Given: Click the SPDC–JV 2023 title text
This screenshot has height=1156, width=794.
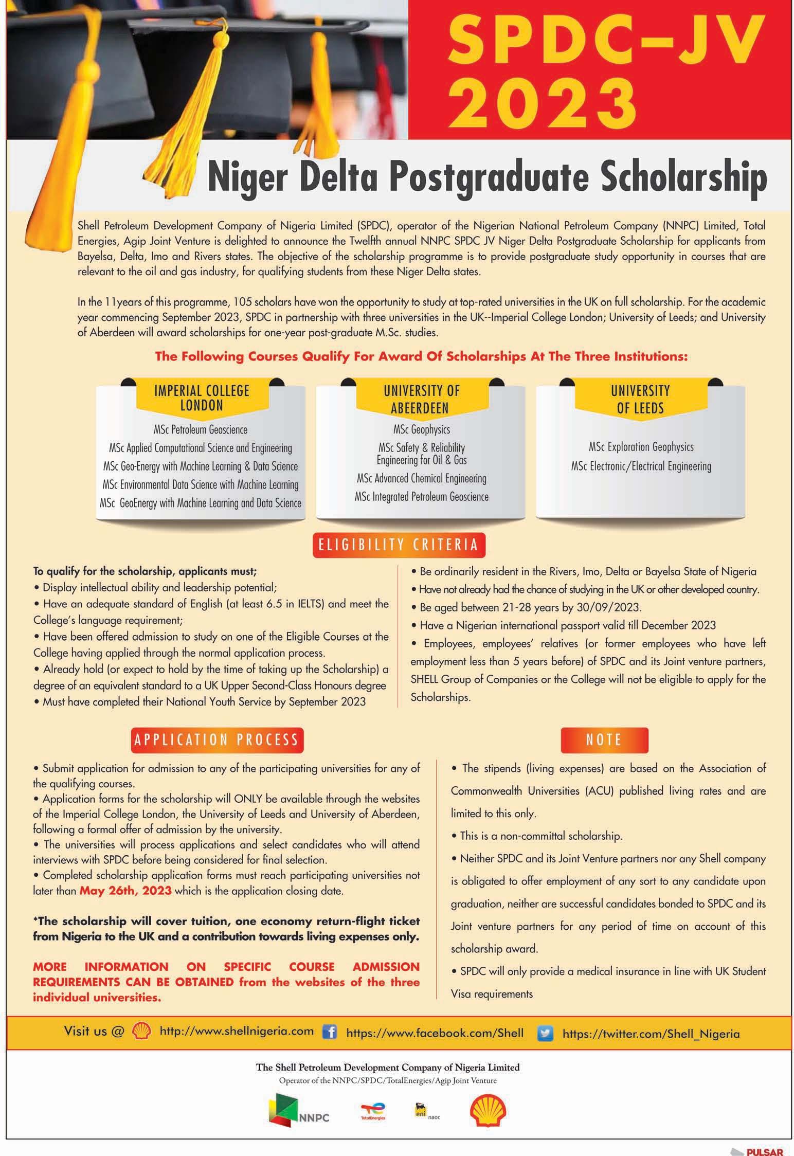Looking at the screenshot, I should [601, 69].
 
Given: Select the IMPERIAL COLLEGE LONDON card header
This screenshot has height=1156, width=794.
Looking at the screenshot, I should [202, 398].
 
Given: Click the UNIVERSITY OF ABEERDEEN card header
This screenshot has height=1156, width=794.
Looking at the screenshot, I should [421, 399].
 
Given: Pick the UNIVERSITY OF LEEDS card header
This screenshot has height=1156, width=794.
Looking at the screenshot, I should [640, 399].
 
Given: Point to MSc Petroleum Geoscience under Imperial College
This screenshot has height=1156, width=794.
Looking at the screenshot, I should [201, 429].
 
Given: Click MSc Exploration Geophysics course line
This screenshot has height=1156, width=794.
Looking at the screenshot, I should [641, 447].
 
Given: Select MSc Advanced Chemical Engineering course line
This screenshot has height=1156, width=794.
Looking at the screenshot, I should [421, 478].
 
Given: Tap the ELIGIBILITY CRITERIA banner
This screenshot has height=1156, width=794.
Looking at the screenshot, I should [399, 546].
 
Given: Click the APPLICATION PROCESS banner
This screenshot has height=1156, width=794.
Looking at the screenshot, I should [216, 740].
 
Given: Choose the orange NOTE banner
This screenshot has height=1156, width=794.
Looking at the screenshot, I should [604, 740].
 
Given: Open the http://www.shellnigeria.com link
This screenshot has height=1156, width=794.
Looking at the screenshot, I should [237, 1031].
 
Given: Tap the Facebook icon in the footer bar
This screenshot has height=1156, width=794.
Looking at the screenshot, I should [329, 1032].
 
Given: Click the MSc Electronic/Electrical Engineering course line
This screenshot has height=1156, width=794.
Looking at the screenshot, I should [641, 466].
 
